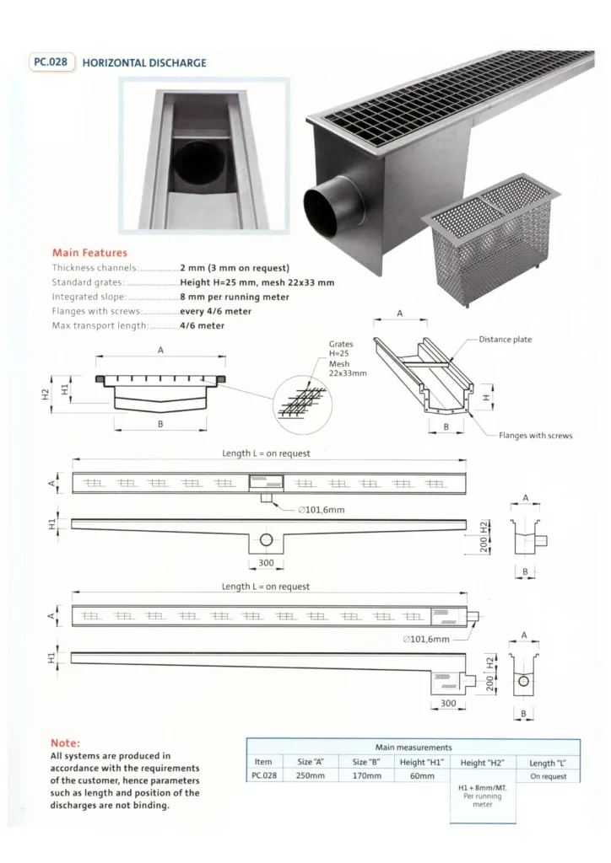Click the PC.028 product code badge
[x=51, y=62]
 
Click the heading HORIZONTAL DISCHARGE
[x=144, y=62]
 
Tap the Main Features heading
[x=89, y=253]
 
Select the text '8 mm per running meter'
[x=235, y=297]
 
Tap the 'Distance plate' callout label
[x=506, y=339]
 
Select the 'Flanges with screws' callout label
[x=536, y=436]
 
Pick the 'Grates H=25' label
[x=341, y=348]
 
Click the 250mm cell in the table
[x=311, y=775]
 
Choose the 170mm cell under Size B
[x=367, y=775]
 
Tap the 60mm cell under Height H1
[x=422, y=775]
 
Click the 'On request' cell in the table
[x=549, y=776]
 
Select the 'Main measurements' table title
[x=414, y=747]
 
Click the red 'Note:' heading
[x=65, y=743]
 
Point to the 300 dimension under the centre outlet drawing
[x=266, y=562]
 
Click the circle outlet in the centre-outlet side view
[x=266, y=539]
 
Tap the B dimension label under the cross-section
[x=160, y=424]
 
